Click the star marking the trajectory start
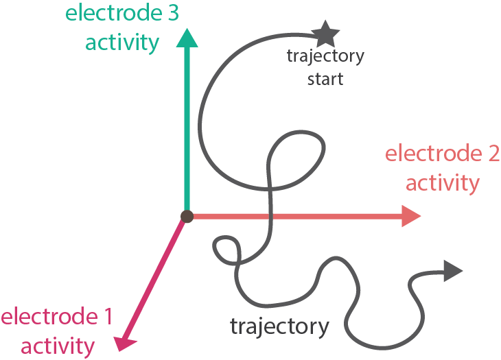325,32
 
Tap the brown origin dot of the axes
186,217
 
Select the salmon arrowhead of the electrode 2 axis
410,217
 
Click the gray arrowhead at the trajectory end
452,272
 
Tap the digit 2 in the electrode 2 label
491,154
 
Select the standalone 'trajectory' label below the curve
279,326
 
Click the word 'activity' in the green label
122,43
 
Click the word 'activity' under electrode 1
47,345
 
